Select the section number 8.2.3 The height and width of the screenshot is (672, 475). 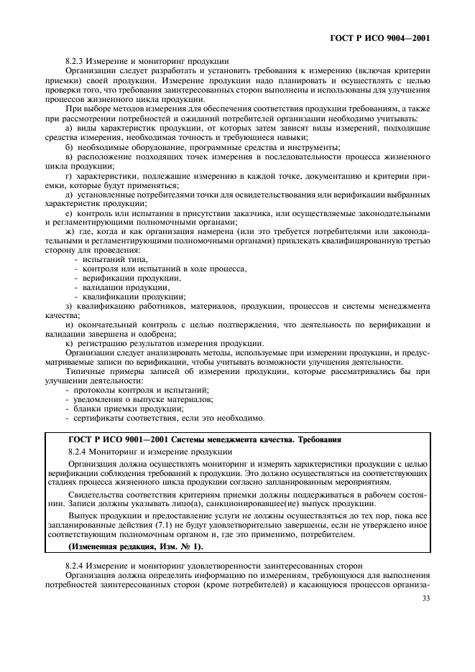point(77,61)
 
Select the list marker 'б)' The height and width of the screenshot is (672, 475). point(69,146)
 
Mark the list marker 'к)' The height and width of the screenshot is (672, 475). point(69,343)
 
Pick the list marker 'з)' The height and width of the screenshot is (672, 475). point(69,306)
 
